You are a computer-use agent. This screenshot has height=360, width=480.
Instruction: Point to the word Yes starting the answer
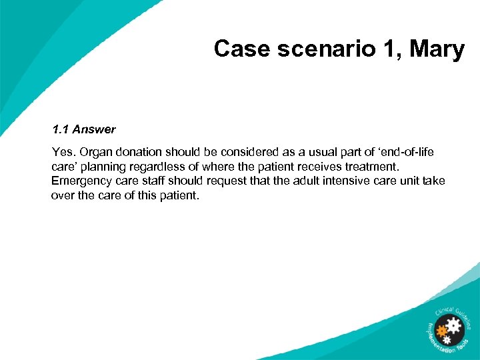click(x=62, y=152)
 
